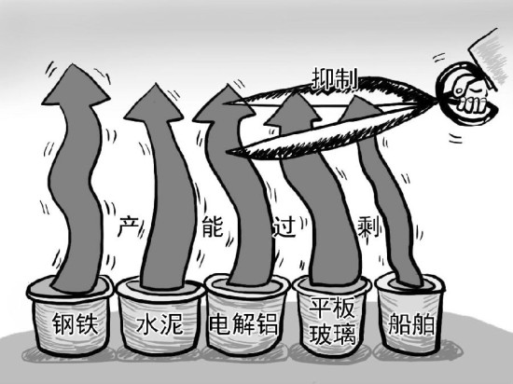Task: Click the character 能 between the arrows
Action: (x=213, y=226)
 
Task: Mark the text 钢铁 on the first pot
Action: (x=71, y=325)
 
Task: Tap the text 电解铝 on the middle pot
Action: (x=243, y=325)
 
